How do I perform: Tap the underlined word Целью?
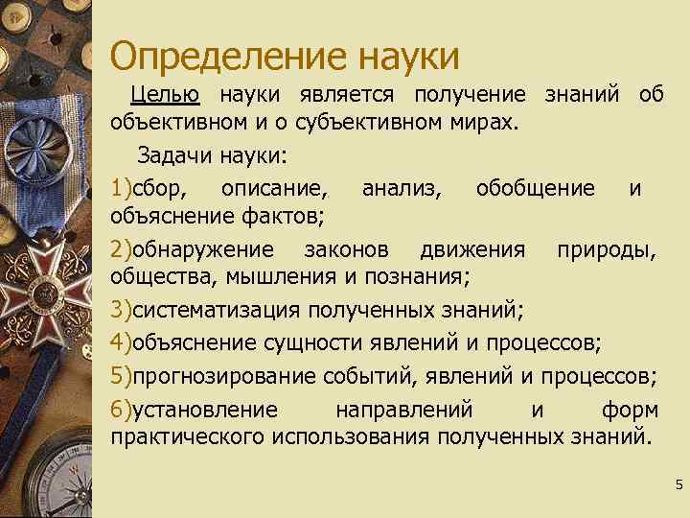pyautogui.click(x=165, y=95)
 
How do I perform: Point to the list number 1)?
pyautogui.click(x=121, y=187)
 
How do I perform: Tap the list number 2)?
pyautogui.click(x=121, y=249)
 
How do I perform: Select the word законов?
pyautogui.click(x=346, y=249)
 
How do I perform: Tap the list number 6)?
pyautogui.click(x=121, y=410)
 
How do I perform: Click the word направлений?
pyautogui.click(x=403, y=410)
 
